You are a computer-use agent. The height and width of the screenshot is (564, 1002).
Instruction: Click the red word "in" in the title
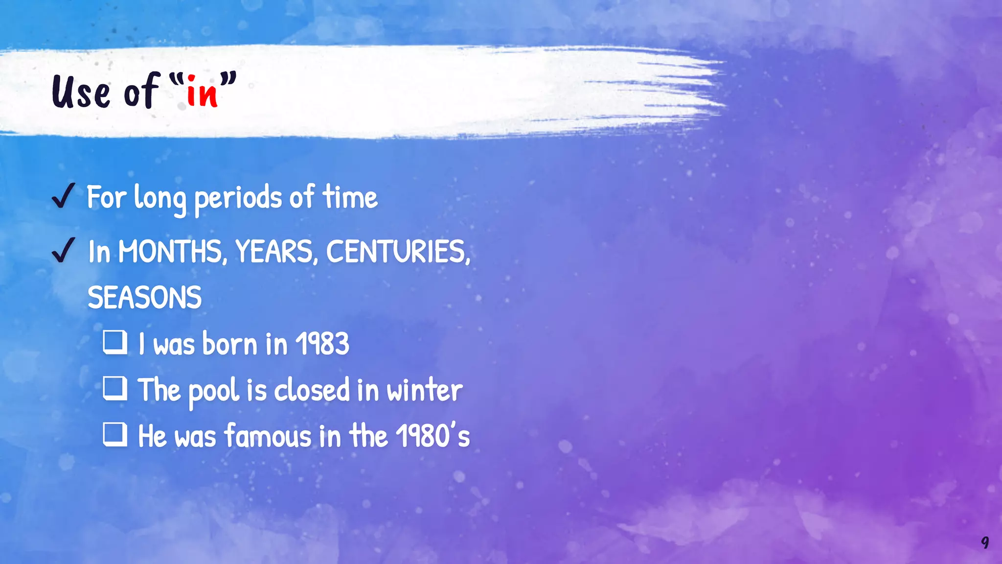click(202, 92)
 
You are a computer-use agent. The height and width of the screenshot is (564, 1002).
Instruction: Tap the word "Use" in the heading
click(81, 92)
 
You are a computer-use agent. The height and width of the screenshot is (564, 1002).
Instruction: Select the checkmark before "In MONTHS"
click(63, 250)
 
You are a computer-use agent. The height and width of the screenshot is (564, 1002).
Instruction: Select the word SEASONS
click(144, 298)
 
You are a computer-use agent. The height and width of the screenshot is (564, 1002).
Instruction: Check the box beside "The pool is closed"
click(115, 388)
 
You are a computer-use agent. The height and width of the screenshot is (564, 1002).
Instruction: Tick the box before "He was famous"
click(115, 434)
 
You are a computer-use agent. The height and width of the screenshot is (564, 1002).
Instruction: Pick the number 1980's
click(433, 436)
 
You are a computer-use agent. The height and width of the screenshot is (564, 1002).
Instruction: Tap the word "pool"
click(214, 391)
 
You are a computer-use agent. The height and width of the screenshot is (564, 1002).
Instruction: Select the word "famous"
click(268, 436)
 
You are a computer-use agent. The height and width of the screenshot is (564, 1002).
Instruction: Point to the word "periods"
click(238, 198)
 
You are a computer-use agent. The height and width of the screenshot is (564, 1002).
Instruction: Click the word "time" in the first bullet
click(350, 197)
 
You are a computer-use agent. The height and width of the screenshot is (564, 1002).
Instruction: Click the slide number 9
click(985, 542)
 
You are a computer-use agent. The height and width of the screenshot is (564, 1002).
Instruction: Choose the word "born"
click(230, 344)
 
